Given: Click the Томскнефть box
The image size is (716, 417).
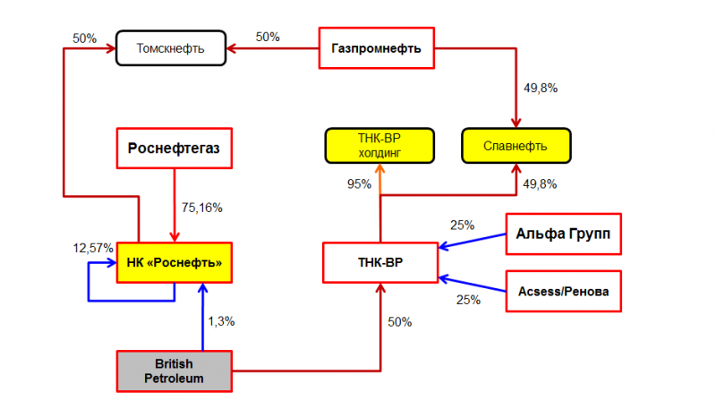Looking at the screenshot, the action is (171, 48).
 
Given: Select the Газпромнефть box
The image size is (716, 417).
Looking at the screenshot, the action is (376, 48).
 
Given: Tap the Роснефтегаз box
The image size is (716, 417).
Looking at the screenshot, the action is (174, 148).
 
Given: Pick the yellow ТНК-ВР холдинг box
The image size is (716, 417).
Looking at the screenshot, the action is (379, 146).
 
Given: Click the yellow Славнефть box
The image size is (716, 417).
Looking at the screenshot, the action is (516, 146).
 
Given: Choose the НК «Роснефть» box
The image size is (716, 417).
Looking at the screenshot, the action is (174, 262).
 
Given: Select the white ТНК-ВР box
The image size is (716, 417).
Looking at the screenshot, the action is (380, 262).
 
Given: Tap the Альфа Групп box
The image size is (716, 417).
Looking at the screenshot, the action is (564, 234).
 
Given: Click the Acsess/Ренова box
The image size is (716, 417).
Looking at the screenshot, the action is (564, 292).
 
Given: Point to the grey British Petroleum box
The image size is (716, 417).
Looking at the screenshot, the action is (174, 371).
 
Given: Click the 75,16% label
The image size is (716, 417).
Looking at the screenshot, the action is (202, 208).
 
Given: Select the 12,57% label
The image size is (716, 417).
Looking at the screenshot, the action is (93, 248).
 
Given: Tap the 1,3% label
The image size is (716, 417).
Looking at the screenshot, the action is (221, 321).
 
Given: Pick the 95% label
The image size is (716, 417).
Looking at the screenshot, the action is (359, 184).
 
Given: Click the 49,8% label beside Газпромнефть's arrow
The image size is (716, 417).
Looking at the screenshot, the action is (541, 89).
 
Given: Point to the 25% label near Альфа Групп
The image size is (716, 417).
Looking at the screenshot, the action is (462, 226).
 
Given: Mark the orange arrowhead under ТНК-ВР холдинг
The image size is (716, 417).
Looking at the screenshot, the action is (379, 168).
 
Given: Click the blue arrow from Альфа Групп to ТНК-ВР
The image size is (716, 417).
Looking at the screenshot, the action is (473, 241).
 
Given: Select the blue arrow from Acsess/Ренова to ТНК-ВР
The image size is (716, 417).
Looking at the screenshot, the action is (473, 284).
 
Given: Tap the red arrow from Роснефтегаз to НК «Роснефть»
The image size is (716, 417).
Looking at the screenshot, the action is (175, 205).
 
